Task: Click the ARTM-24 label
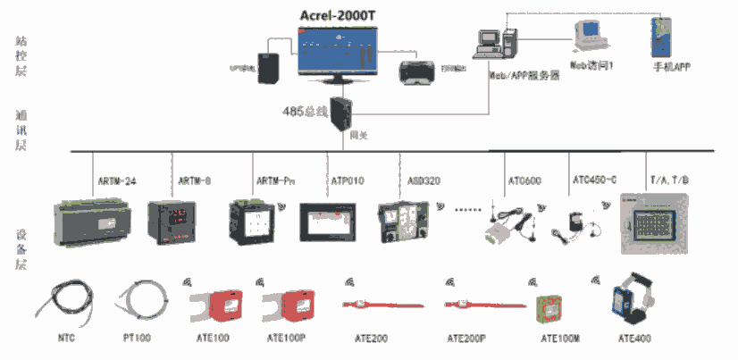[x=116, y=181]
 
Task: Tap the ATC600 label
[x=524, y=181]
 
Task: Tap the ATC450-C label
[x=594, y=181]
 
